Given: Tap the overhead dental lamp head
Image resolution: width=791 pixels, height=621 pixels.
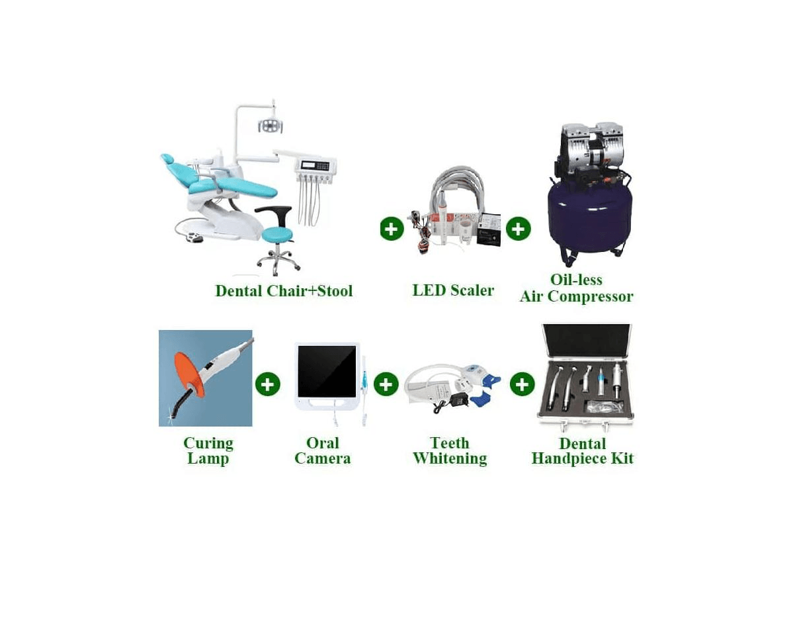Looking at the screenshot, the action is pyautogui.click(x=271, y=124).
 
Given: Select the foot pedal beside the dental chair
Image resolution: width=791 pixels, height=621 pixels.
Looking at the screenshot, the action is pyautogui.click(x=194, y=237).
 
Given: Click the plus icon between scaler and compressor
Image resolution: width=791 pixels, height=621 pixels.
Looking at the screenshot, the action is pyautogui.click(x=518, y=229).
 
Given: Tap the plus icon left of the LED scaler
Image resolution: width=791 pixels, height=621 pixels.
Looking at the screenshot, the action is pyautogui.click(x=392, y=229).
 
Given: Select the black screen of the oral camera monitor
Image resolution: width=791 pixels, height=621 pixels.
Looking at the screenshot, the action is pyautogui.click(x=327, y=372).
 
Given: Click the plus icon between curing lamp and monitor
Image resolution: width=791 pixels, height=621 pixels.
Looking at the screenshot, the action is pyautogui.click(x=267, y=384).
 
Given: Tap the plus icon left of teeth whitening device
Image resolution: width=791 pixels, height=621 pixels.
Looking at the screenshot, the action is pyautogui.click(x=386, y=384).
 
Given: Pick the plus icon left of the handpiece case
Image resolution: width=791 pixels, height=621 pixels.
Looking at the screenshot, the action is pyautogui.click(x=522, y=384).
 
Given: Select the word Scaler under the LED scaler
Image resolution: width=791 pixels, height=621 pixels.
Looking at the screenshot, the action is pyautogui.click(x=472, y=290).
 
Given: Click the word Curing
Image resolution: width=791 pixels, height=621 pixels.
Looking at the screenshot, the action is pyautogui.click(x=208, y=443).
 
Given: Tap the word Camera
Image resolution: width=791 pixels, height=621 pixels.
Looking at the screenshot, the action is pyautogui.click(x=322, y=458).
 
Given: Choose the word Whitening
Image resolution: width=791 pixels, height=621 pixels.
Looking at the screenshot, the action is pyautogui.click(x=450, y=458).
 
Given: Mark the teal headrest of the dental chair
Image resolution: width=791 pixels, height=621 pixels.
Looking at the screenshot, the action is pyautogui.click(x=167, y=159).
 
